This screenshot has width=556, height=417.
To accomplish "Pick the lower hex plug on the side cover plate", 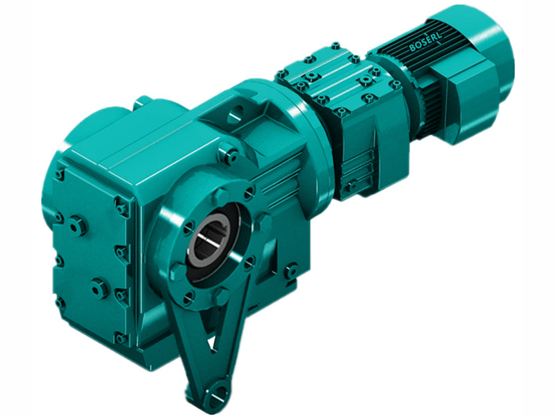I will click(99, 286).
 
